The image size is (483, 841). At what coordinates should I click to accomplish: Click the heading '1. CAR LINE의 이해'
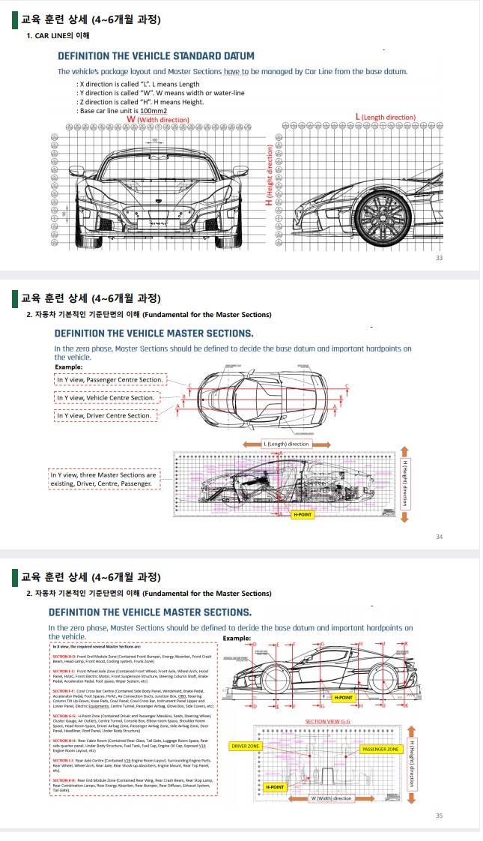coord(58,35)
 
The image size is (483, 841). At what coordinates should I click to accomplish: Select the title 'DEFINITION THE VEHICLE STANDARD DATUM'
coord(156,56)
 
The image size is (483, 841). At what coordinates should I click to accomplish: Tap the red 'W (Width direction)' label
coord(157,119)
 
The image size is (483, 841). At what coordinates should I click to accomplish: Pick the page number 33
coord(460,258)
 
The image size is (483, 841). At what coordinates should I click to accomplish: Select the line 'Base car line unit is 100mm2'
coord(122,110)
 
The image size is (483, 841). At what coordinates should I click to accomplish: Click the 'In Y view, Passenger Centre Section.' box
coord(110,380)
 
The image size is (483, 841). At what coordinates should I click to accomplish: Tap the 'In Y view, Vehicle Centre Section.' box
coord(106,397)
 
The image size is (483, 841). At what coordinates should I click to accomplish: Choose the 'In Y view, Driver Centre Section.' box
coord(104,415)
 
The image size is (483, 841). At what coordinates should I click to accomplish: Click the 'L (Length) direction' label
coord(286,444)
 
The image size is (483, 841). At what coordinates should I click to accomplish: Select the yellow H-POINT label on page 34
coord(303,516)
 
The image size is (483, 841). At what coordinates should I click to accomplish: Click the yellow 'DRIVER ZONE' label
coord(245,747)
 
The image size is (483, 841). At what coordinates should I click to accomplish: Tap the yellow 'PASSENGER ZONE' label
coord(382,749)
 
